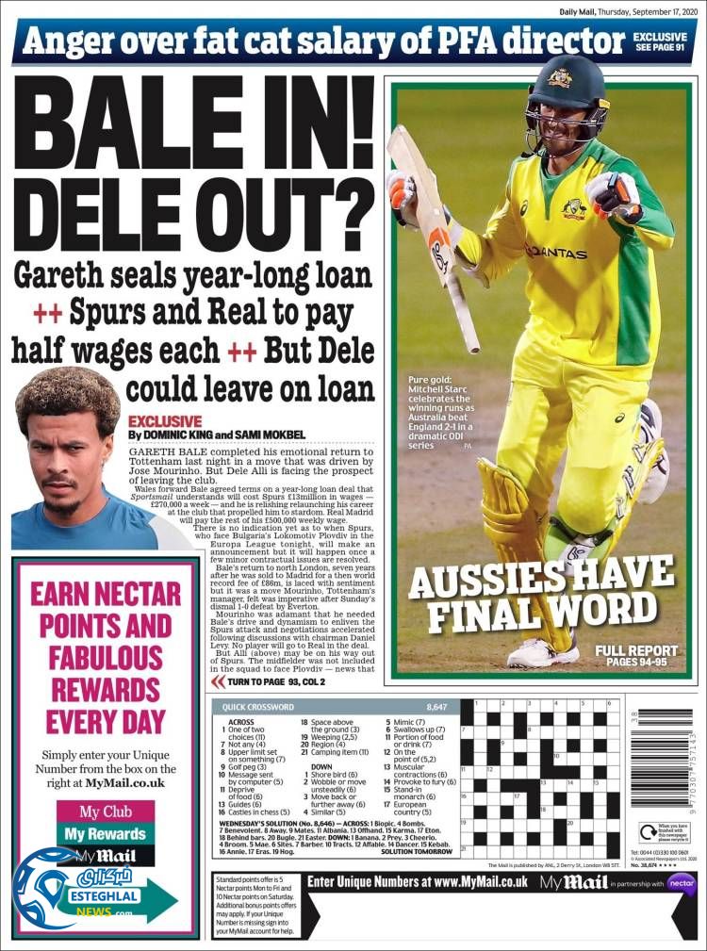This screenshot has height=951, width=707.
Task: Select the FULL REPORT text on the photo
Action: click(636, 651)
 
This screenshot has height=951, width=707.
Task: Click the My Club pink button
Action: click(105, 812)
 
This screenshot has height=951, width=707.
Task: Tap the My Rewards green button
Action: click(105, 834)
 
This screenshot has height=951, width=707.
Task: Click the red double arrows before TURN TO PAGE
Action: click(217, 681)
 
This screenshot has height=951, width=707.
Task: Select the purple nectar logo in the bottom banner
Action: click(681, 883)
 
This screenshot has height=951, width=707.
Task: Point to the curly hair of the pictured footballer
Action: click(66, 396)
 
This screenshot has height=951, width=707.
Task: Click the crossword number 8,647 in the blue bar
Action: click(436, 706)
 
